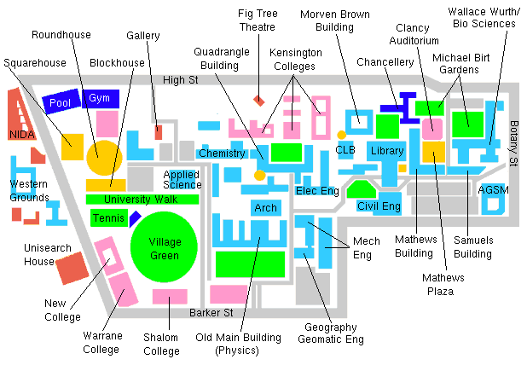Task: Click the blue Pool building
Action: tap(61, 101)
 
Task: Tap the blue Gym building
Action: tap(101, 99)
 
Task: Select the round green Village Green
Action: tap(164, 247)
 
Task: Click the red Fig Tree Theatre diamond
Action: tap(258, 101)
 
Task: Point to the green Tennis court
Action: tap(109, 217)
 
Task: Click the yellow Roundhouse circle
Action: tap(104, 158)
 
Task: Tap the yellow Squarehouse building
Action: tap(72, 147)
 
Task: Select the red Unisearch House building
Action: tap(72, 268)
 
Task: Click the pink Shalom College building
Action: tap(170, 297)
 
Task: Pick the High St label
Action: tap(181, 80)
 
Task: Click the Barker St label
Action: tap(211, 313)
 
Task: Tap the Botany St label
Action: tap(513, 143)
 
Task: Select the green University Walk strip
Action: tap(142, 200)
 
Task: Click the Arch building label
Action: tap(265, 208)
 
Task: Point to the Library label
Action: tap(387, 151)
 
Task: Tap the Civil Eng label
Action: tap(379, 206)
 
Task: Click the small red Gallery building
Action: tap(159, 132)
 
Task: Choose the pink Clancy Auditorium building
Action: tap(432, 129)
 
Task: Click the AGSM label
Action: tap(493, 190)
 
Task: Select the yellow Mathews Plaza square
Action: tap(433, 152)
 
